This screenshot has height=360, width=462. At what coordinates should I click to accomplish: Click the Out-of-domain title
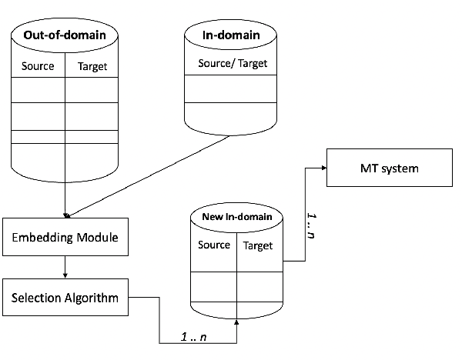[65, 35]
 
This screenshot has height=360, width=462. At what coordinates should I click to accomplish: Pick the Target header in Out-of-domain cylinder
[92, 66]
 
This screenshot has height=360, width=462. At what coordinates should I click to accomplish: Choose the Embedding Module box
[65, 238]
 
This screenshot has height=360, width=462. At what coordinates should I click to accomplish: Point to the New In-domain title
[236, 218]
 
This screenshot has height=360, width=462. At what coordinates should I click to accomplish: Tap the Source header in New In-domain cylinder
[214, 245]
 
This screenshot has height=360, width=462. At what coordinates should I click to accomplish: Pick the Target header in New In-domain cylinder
[258, 245]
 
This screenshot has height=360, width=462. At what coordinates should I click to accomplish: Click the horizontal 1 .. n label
[195, 336]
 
